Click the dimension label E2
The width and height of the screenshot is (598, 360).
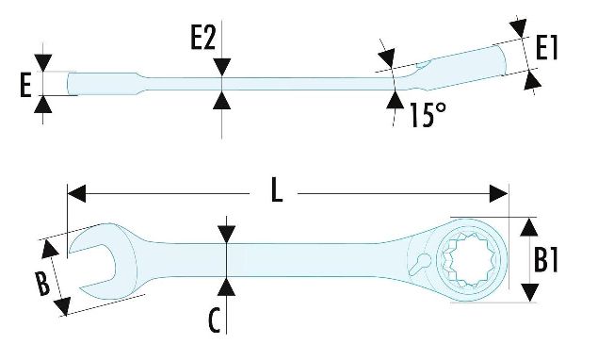coord(203,39)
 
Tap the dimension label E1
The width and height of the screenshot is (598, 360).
coord(546,48)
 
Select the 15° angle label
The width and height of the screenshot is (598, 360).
coord(428,115)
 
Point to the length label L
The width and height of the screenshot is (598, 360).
coord(277,190)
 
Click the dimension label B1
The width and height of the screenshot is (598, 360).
coord(546,259)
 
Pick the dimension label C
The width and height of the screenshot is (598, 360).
coord(215,319)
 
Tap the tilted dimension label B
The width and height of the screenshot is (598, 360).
coord(42,284)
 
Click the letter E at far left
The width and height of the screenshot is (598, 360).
coord(25,86)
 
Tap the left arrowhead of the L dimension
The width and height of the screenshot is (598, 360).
coord(76,194)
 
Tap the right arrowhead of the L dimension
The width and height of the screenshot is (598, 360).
coord(499,194)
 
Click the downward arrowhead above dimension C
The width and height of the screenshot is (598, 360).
coord(227,234)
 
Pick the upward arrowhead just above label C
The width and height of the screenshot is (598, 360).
coord(227,286)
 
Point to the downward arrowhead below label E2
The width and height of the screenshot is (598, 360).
coord(221,67)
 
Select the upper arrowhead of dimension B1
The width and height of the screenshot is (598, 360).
coord(529,227)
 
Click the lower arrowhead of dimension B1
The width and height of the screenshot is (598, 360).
coord(529,292)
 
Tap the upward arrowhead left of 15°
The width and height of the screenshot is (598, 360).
coord(396,100)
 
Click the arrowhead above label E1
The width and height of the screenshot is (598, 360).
coord(519,27)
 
